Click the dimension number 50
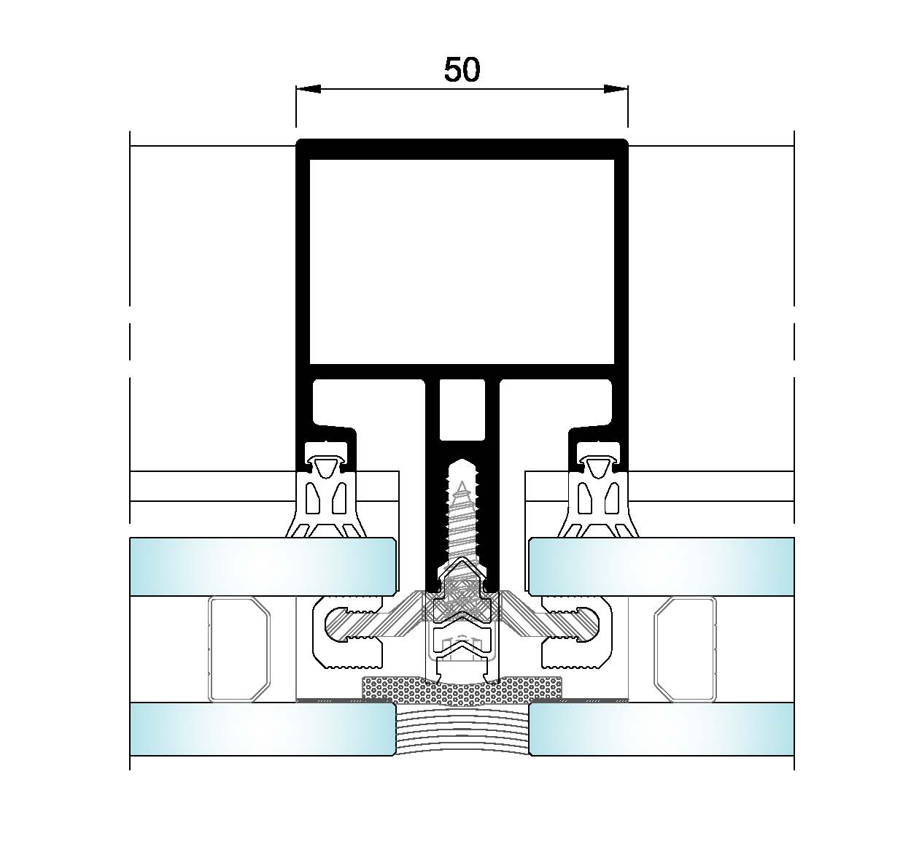click(462, 70)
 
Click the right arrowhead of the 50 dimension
click(616, 89)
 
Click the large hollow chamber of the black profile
click(462, 262)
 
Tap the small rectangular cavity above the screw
click(462, 409)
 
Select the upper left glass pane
click(263, 566)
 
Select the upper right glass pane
click(662, 566)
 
